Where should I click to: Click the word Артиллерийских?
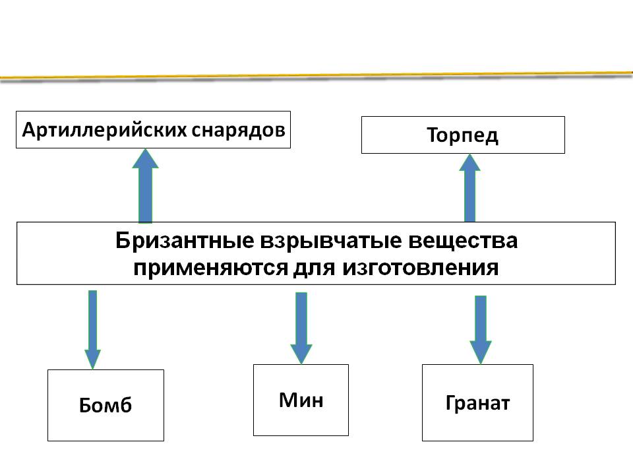click(x=105, y=130)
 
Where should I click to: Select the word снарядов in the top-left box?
click(x=239, y=130)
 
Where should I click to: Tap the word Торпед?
click(x=462, y=136)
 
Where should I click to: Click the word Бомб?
click(x=106, y=405)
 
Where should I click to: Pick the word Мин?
click(x=301, y=400)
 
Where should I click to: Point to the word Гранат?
click(x=477, y=403)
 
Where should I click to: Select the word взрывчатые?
click(x=318, y=241)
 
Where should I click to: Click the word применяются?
click(x=204, y=268)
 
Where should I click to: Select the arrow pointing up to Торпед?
click(x=469, y=189)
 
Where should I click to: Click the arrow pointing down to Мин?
click(x=301, y=327)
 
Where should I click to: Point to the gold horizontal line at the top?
click(x=316, y=76)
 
